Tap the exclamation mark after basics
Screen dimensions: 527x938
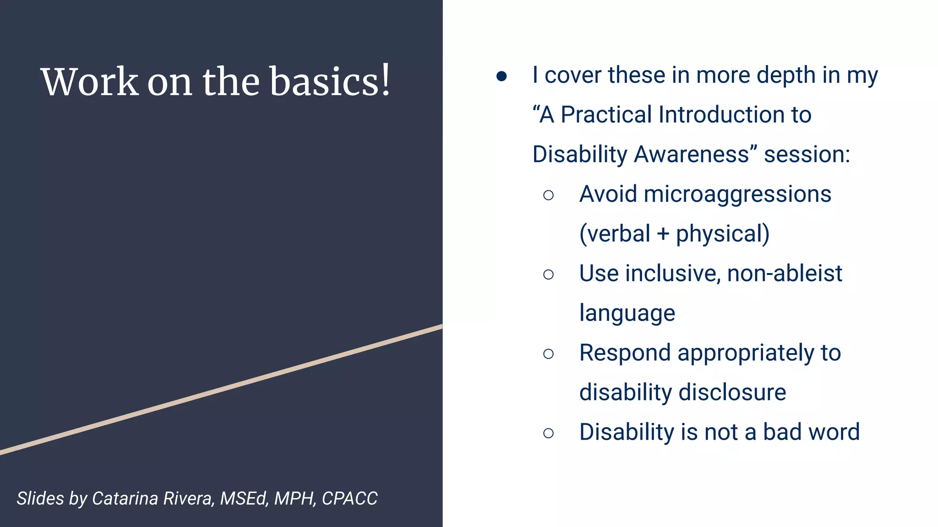(386, 80)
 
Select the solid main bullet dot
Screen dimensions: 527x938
(502, 76)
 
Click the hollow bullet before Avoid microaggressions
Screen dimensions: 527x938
(548, 195)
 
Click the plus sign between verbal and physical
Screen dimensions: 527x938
(663, 234)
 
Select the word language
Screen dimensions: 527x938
(627, 314)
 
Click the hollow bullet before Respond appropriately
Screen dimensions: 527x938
(548, 354)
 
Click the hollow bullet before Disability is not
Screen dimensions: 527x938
(548, 433)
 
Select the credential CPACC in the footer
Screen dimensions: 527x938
(349, 498)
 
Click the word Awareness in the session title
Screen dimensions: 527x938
(696, 154)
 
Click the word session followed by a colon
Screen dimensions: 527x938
(807, 154)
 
